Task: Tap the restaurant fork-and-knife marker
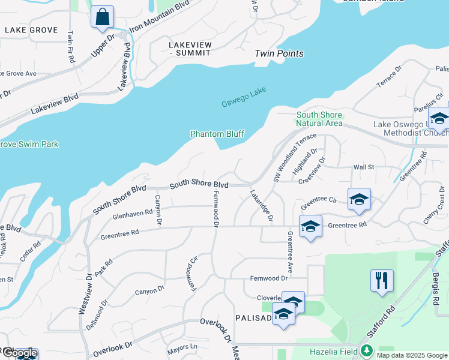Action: pyautogui.click(x=382, y=280)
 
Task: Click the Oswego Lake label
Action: pyautogui.click(x=244, y=96)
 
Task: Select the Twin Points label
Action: pyautogui.click(x=279, y=53)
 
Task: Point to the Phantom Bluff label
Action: pyautogui.click(x=217, y=134)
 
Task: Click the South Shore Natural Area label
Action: pyautogui.click(x=319, y=119)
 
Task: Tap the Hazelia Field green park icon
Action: pyautogui.click(x=366, y=351)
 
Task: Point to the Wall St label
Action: pyautogui.click(x=364, y=167)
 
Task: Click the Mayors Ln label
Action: pyautogui.click(x=182, y=346)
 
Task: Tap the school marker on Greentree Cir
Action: pyautogui.click(x=359, y=199)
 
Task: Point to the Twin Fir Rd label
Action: pyautogui.click(x=71, y=47)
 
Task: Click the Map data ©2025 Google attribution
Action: pyautogui.click(x=412, y=355)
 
